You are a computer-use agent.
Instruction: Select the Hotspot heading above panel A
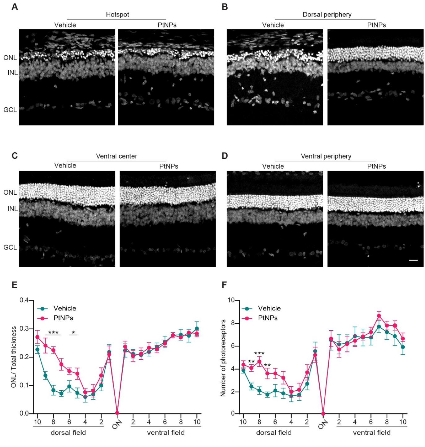pos(117,15)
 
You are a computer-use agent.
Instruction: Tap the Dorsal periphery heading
pos(327,15)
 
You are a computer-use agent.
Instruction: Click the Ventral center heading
pos(116,156)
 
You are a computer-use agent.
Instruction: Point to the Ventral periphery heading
pos(326,156)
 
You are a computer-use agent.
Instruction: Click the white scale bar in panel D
pos(413,260)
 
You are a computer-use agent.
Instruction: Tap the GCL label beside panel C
pos(10,248)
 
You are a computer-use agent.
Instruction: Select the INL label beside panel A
pos(13,73)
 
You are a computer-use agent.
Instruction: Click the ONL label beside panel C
pos(10,193)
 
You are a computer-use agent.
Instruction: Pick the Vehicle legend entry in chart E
pos(64,308)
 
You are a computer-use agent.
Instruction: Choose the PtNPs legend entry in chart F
pos(268,318)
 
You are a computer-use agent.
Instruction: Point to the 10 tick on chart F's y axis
pos(231,300)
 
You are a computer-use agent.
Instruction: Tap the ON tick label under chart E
pos(116,427)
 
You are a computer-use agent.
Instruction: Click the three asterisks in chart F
pos(259,354)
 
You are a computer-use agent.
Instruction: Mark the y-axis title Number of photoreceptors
pos(223,357)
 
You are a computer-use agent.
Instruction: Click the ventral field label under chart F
pos(372,432)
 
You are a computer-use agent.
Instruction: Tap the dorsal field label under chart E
pos(68,432)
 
